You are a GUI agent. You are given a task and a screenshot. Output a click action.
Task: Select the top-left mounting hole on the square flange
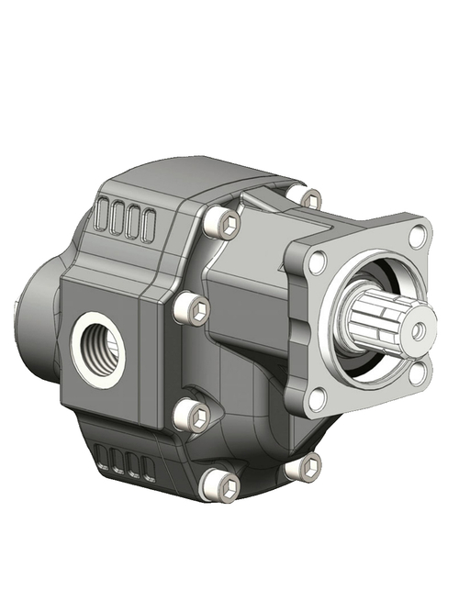click(318, 263)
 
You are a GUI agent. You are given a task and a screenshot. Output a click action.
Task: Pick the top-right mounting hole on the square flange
click(418, 235)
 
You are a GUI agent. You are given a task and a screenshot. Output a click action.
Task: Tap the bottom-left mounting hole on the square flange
click(317, 399)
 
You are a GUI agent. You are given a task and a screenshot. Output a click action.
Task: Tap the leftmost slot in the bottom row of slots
click(103, 455)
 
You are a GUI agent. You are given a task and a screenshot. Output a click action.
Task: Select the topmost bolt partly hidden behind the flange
click(310, 198)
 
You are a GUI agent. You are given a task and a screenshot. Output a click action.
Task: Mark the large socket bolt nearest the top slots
click(221, 224)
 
